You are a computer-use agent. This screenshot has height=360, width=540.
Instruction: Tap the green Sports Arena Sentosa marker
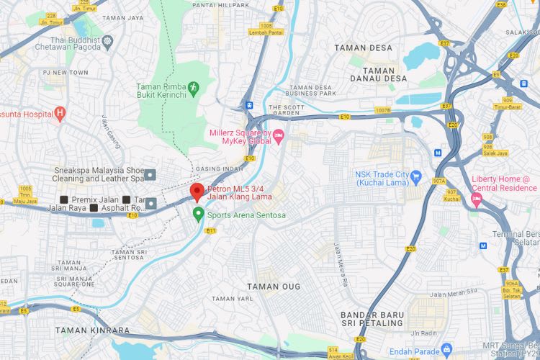(198, 213)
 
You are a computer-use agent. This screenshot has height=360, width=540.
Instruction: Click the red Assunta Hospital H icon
(60, 113)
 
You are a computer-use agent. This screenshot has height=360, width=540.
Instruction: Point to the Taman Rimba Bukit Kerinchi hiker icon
(193, 87)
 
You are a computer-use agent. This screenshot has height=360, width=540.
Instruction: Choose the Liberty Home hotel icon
(475, 197)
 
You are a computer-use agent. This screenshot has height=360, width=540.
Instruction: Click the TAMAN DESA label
(364, 48)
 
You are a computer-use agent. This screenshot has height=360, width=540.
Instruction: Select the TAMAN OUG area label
(279, 287)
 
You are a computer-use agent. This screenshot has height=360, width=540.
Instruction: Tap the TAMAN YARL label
(229, 298)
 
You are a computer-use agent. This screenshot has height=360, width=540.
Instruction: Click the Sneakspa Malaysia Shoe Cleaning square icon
(150, 174)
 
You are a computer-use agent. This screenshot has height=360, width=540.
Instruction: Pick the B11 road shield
(211, 230)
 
